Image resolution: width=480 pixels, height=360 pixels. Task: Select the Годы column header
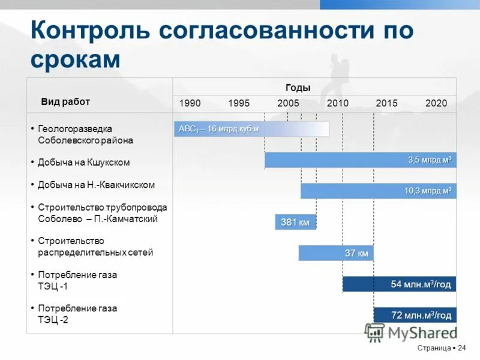pyautogui.click(x=298, y=88)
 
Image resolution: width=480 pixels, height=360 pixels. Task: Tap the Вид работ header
pyautogui.click(x=65, y=101)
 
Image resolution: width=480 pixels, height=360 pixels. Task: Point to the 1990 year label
pyautogui.click(x=190, y=103)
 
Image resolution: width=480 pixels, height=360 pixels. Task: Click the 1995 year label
pyautogui.click(x=239, y=103)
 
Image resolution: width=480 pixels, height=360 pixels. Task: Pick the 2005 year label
pyautogui.click(x=288, y=103)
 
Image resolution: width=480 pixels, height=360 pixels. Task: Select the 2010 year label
pyautogui.click(x=337, y=103)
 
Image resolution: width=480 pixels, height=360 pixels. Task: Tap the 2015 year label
pyautogui.click(x=386, y=103)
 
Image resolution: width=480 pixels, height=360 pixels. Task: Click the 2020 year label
pyautogui.click(x=436, y=103)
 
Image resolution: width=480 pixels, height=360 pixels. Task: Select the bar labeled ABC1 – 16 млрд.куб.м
pyautogui.click(x=251, y=129)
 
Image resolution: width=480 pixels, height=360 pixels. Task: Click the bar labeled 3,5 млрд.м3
pyautogui.click(x=360, y=160)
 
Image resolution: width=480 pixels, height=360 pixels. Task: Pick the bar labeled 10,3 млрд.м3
pyautogui.click(x=378, y=191)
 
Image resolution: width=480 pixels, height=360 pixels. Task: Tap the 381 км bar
pyautogui.click(x=295, y=223)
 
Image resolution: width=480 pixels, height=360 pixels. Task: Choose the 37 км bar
pyautogui.click(x=336, y=253)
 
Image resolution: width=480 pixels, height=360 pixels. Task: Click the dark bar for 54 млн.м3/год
pyautogui.click(x=399, y=284)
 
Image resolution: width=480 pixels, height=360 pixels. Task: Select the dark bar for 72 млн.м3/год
pyautogui.click(x=415, y=315)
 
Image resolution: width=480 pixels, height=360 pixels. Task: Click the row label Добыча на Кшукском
pyautogui.click(x=83, y=163)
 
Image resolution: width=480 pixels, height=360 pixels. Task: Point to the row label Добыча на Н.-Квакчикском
pyautogui.click(x=96, y=185)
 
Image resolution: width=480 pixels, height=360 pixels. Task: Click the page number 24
pyautogui.click(x=462, y=348)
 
